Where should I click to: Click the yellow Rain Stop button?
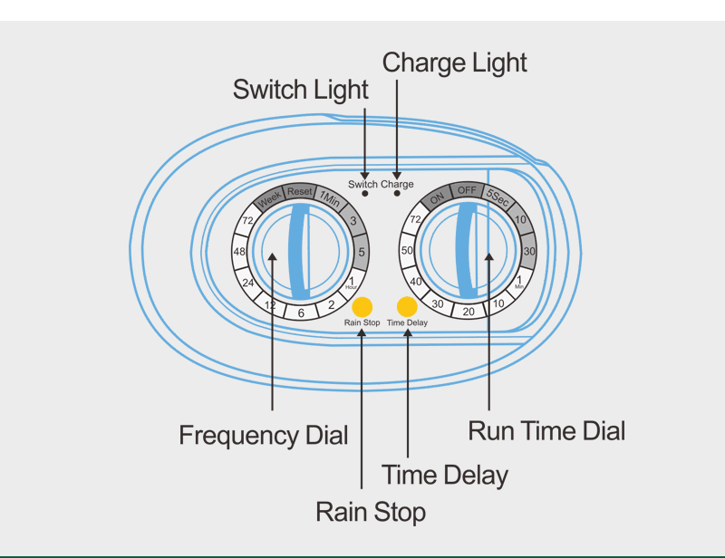[362, 304]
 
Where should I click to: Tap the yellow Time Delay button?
[407, 304]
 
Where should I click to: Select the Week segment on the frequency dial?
[269, 200]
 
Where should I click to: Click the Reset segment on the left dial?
[300, 192]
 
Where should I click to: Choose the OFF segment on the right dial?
[467, 191]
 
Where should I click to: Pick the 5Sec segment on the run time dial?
[498, 197]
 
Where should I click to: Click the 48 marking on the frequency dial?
[239, 251]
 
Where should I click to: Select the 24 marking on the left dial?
[247, 282]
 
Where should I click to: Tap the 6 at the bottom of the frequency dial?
[300, 312]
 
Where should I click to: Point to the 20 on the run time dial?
[469, 312]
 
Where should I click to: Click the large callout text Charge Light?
[454, 63]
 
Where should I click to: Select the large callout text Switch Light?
[301, 90]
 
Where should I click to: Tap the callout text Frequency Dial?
[263, 436]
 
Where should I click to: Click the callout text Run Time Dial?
[546, 431]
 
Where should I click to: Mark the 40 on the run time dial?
[417, 282]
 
